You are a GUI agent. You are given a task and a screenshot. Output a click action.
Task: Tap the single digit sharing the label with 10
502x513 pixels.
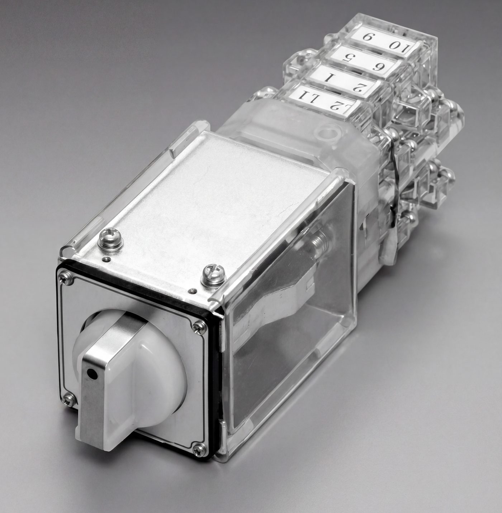(367, 37)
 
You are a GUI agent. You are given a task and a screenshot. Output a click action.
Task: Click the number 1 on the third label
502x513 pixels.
(329, 78)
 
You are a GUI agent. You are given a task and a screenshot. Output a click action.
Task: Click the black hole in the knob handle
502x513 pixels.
(91, 374)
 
